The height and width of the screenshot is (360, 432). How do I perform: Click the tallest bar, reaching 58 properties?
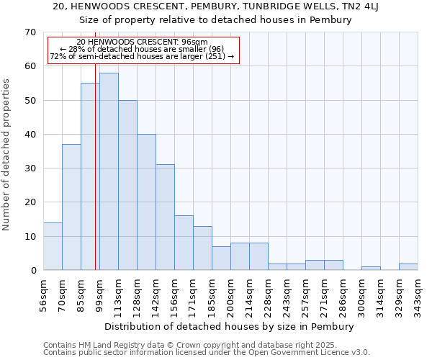[x=109, y=171]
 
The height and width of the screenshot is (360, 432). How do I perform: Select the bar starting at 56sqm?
[x=53, y=246]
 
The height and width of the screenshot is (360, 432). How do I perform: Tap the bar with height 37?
[x=71, y=207]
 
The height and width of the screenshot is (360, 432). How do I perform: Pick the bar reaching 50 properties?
[x=127, y=185]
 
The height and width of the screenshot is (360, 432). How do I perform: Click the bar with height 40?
[x=146, y=202]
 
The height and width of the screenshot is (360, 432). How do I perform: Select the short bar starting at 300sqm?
[x=371, y=268]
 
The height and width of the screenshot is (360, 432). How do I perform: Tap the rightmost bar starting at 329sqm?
[x=408, y=266]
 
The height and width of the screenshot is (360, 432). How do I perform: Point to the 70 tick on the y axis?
[x=30, y=32]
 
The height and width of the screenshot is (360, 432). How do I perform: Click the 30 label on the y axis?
[x=30, y=168]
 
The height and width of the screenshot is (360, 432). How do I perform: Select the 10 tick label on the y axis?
[x=30, y=236]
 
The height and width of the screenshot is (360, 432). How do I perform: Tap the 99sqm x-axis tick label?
[x=99, y=293]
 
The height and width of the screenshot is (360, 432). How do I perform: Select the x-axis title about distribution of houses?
[x=229, y=326]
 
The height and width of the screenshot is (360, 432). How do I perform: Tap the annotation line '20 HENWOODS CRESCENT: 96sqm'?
[x=142, y=42]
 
